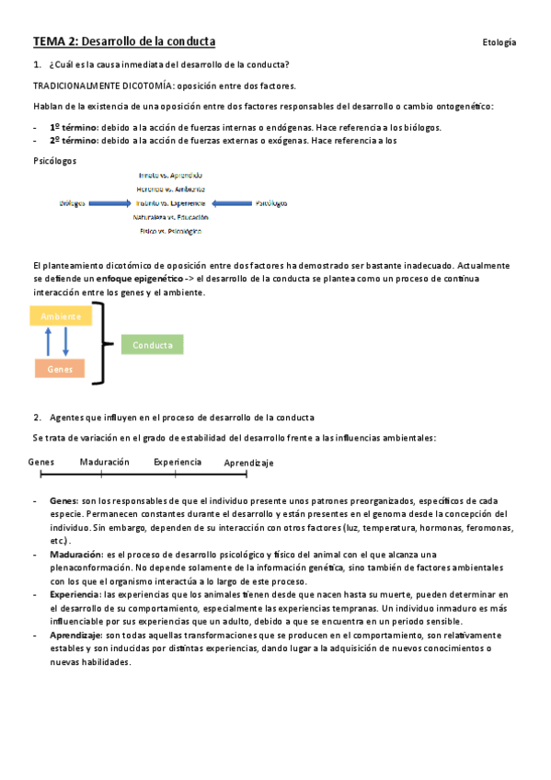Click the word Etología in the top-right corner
coord(499,42)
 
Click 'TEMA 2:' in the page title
coord(56,41)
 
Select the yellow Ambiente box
coord(61,316)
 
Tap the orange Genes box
coord(60,368)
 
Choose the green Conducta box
coord(152,345)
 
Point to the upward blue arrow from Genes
coord(48,342)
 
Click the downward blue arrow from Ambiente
coord(66,342)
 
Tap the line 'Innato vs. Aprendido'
coord(170,175)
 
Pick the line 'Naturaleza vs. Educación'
coord(170,217)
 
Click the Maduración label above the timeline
coord(104,462)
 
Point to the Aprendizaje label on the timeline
coord(248,463)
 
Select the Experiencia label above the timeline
coord(178,462)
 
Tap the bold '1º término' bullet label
coord(74,127)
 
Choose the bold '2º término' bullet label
coord(74,141)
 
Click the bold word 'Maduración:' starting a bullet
coord(76,556)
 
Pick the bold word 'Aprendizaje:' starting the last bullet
coord(76,635)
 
